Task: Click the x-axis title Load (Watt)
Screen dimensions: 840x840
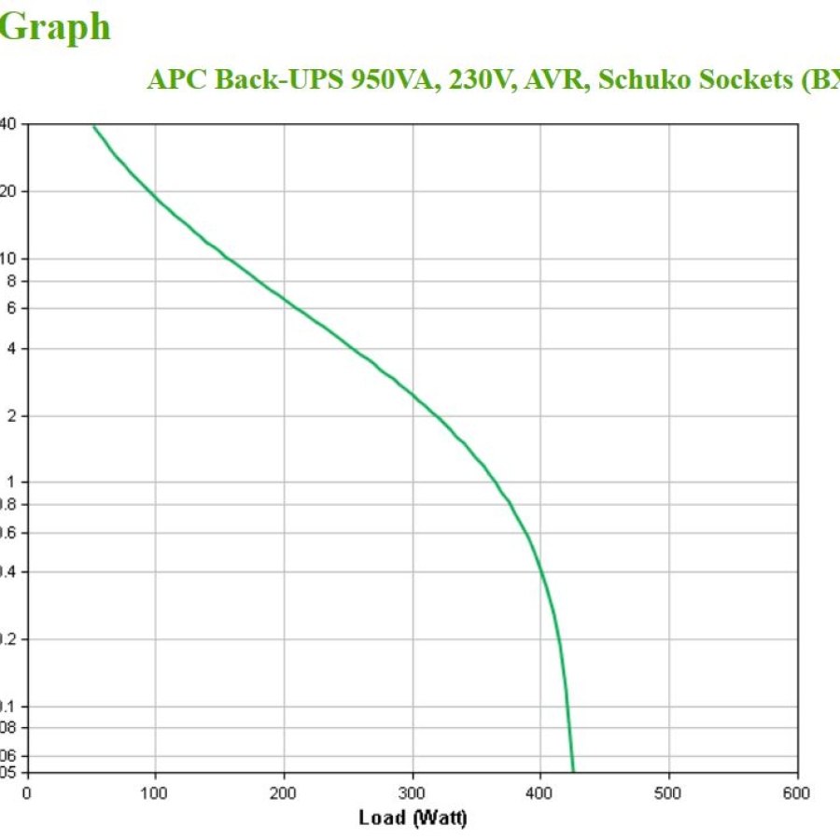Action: click(x=413, y=818)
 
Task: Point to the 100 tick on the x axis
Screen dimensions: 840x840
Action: click(x=155, y=793)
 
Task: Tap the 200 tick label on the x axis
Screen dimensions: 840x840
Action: click(x=284, y=793)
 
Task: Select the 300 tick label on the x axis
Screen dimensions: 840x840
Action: click(x=413, y=793)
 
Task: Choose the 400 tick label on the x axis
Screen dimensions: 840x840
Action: click(x=540, y=793)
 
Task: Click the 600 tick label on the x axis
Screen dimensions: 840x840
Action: click(x=797, y=793)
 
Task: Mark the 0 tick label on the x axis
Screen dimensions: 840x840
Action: click(x=27, y=793)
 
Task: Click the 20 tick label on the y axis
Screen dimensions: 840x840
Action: click(x=11, y=191)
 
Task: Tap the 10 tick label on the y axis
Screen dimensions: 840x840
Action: click(x=11, y=259)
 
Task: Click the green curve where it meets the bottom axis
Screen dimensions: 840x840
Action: click(x=573, y=771)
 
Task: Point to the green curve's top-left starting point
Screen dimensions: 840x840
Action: click(x=93, y=125)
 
